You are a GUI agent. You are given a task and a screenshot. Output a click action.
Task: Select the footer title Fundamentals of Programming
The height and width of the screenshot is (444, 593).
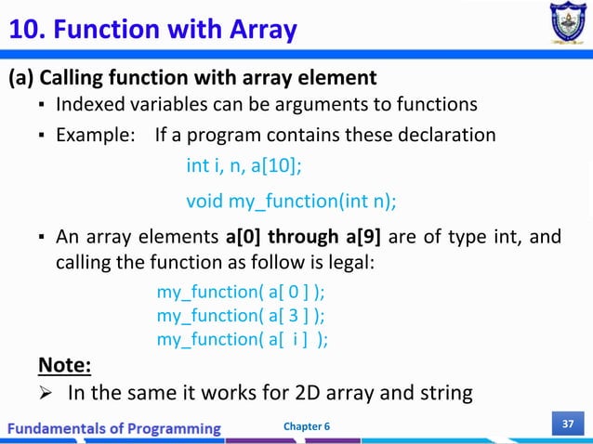(x=115, y=427)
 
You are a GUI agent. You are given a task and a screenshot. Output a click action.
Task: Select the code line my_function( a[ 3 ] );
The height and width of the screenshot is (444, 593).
(x=242, y=317)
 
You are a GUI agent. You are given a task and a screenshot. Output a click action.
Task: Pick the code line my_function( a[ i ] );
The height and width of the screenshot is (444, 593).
(x=242, y=340)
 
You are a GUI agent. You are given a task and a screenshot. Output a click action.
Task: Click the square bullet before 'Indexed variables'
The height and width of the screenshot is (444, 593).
(x=43, y=103)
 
